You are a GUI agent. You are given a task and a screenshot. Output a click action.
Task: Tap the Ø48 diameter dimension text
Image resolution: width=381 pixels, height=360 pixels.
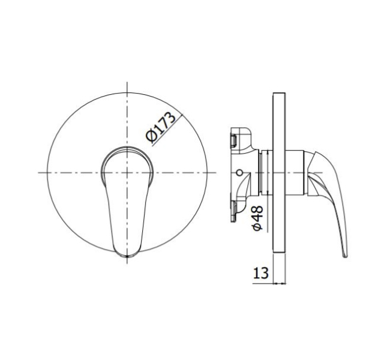257,218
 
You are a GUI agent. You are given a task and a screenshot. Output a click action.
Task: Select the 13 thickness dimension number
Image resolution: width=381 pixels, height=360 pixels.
261,273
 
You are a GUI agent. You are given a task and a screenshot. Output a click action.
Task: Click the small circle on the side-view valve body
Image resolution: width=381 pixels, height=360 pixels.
239,173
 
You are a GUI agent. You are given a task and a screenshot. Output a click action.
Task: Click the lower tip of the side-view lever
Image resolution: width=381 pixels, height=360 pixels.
345,256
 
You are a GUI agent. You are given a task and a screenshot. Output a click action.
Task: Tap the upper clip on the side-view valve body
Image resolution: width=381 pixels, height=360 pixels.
234,140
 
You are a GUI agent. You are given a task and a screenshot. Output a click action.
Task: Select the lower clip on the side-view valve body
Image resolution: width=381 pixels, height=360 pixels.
234,211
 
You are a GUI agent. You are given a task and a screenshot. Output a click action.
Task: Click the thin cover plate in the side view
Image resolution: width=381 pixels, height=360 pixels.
279,173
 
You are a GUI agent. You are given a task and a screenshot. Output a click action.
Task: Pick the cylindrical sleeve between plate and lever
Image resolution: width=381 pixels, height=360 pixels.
295,173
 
